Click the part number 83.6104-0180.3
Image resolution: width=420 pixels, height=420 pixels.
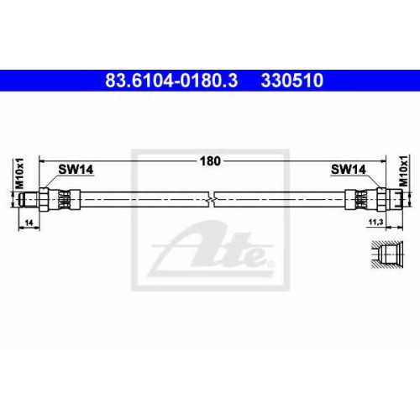point(171,80)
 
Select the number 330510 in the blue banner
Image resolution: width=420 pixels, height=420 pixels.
point(292,80)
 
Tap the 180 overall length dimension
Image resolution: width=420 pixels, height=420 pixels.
point(210,161)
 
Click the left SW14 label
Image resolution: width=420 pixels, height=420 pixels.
point(76,170)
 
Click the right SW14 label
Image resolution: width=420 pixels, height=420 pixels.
point(349,169)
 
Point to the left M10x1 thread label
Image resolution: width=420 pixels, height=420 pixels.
point(19,173)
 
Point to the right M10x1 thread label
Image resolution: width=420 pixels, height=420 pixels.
point(403,171)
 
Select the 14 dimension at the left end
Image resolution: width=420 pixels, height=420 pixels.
point(29,223)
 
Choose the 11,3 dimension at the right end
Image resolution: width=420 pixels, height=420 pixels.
point(375,223)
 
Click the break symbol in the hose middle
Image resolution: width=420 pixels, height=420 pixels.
point(212,199)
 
